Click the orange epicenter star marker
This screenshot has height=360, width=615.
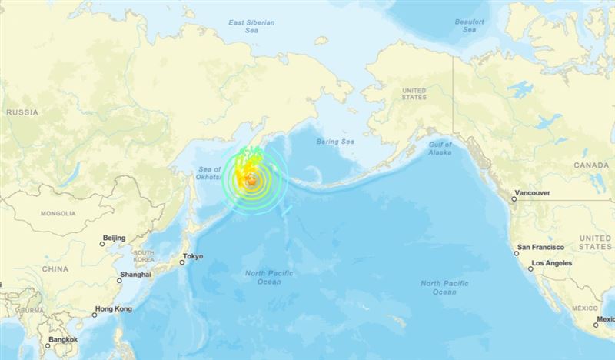coord(251,181)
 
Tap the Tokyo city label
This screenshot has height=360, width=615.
coord(193,257)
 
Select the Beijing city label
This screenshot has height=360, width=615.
coord(114,239)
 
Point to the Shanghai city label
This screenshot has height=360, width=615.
coord(135,275)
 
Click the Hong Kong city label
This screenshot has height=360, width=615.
coord(113,309)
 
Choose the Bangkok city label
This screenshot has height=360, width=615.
coord(61,339)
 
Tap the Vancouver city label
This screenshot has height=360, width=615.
coord(533,193)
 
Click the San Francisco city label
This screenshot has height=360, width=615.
coord(540,247)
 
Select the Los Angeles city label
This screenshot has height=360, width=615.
coord(550,264)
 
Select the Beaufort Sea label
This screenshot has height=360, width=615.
coord(469,25)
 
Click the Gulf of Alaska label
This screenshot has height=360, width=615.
coord(440,148)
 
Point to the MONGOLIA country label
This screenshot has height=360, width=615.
coord(58,213)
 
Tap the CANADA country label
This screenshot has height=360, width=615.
coord(591,165)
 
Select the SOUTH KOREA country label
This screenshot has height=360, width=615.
coord(143,256)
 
